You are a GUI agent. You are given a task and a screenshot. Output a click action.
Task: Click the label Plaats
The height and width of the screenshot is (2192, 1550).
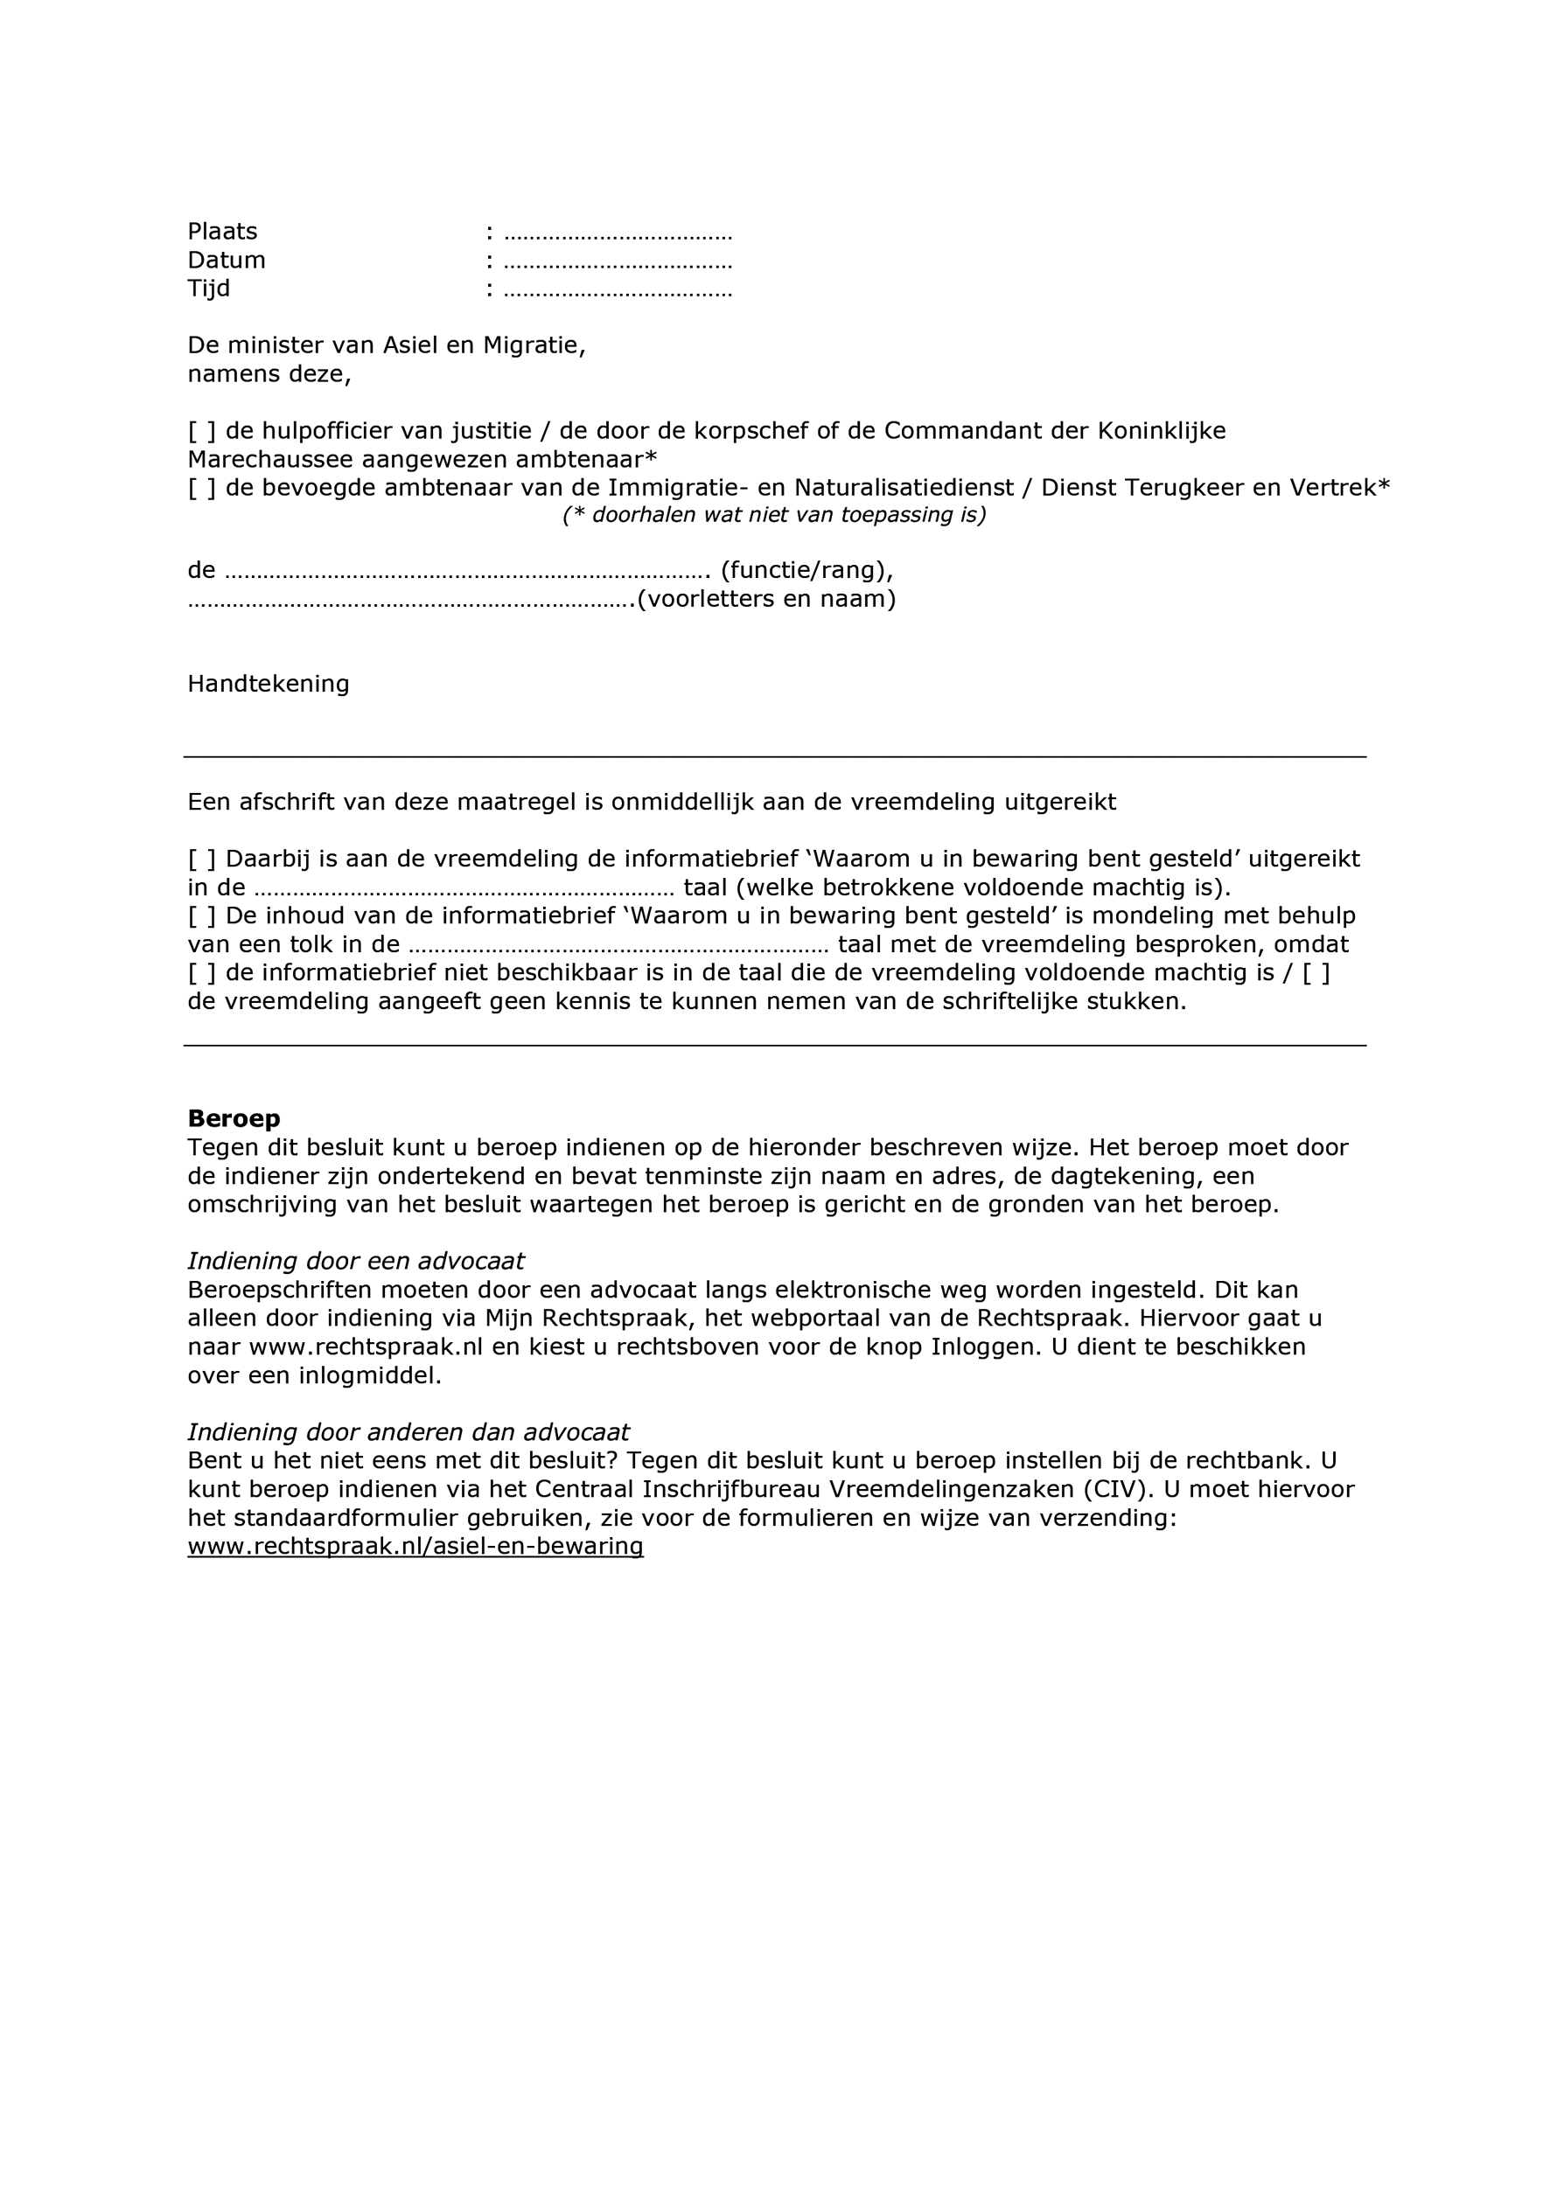(222, 232)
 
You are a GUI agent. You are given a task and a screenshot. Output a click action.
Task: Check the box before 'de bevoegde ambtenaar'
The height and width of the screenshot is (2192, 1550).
(201, 489)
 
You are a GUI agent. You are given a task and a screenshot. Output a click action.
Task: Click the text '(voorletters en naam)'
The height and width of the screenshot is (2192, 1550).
(766, 600)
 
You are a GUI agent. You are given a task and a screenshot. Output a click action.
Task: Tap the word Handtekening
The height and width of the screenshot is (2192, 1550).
(269, 685)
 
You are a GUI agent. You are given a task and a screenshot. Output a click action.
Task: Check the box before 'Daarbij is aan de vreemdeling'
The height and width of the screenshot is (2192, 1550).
(201, 859)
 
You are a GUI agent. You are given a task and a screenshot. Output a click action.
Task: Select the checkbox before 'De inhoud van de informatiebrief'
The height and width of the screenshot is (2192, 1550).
(201, 916)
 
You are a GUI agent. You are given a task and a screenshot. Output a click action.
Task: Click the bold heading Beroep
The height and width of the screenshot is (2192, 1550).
(234, 1119)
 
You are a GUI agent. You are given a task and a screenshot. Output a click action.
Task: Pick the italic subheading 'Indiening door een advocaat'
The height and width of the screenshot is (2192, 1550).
(355, 1262)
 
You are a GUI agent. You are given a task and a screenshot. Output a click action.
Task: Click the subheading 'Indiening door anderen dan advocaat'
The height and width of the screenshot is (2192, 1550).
(408, 1433)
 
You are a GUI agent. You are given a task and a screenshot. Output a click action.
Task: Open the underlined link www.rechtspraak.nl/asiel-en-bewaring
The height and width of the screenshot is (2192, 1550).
(415, 1547)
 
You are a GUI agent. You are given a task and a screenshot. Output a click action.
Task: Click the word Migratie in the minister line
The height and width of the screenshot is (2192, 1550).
(534, 345)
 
